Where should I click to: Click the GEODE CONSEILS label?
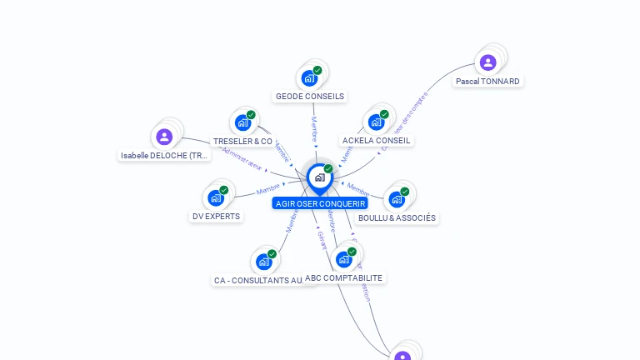point(310,97)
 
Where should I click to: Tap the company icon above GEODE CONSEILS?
point(309,78)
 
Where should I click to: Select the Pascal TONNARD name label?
point(487,82)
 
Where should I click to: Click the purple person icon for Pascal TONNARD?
point(487,62)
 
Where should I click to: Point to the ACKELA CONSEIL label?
point(376,141)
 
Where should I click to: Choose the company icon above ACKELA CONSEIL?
point(376,122)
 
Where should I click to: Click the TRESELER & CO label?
point(242,142)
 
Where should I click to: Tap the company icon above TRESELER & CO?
point(242,122)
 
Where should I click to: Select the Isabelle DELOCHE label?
point(164,156)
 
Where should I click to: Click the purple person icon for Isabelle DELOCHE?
point(164,137)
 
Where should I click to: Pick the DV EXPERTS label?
point(216,217)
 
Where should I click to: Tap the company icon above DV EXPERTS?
point(216,197)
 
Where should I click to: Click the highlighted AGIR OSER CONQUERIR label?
point(320,203)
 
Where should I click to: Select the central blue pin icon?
point(319,177)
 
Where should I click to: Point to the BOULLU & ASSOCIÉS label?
point(397,218)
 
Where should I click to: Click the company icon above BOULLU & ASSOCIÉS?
point(397,199)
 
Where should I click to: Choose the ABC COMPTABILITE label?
point(344,278)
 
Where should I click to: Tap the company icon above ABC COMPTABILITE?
point(344,259)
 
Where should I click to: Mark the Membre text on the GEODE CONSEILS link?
point(314,129)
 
